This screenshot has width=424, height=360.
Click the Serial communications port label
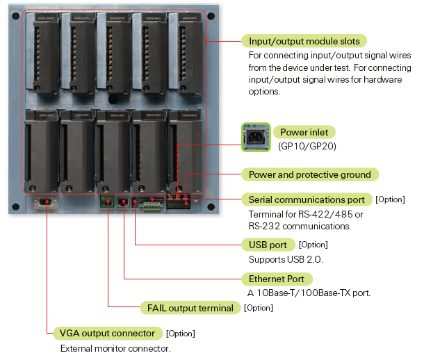pyautogui.click(x=306, y=199)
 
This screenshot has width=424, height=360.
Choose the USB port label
pyautogui.click(x=267, y=245)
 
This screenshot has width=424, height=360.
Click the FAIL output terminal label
pyautogui.click(x=189, y=308)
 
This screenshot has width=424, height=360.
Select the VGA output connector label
pyautogui.click(x=108, y=333)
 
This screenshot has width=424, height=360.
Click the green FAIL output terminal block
pyautogui.click(x=107, y=203)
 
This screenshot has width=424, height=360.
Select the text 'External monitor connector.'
pyautogui.click(x=115, y=348)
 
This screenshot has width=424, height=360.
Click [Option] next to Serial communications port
pyautogui.click(x=390, y=199)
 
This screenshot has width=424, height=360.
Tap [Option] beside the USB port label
pyautogui.click(x=313, y=245)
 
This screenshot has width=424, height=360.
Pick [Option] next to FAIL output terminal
pyautogui.click(x=259, y=308)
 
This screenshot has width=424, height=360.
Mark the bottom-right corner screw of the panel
pyautogui.click(x=211, y=206)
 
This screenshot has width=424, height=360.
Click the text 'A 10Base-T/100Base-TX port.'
pyautogui.click(x=309, y=293)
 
